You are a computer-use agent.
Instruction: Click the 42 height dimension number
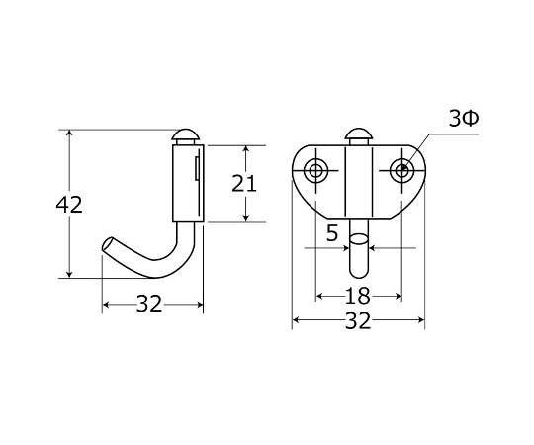pos(69,205)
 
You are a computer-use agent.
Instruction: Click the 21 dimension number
pos(244,184)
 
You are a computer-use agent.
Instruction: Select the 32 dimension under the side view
pos(149,304)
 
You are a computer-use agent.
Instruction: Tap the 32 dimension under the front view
pos(358,320)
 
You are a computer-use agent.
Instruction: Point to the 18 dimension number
pos(358,296)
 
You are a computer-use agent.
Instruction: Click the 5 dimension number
pos(332,233)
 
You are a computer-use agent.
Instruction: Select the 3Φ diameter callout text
pos(464,119)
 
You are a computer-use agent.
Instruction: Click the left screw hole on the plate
pos(316,170)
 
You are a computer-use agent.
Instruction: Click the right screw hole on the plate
pos(402,170)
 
